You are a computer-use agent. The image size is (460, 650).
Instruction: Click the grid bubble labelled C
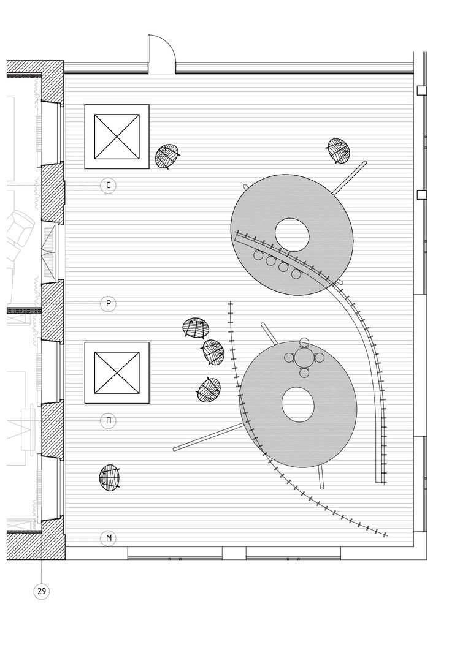(x=108, y=185)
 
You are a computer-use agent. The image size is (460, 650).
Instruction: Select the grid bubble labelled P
(x=108, y=303)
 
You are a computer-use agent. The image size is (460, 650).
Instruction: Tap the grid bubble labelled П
(x=108, y=420)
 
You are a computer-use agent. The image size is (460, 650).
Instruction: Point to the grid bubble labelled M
(x=108, y=539)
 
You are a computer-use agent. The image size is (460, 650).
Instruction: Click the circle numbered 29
(x=42, y=591)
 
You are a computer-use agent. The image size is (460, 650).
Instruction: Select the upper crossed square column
(x=117, y=137)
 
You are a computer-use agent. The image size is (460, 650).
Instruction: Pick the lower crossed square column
(x=117, y=373)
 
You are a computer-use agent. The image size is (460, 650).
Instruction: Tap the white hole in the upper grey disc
(x=293, y=233)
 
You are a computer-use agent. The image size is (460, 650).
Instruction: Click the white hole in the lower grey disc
(x=299, y=406)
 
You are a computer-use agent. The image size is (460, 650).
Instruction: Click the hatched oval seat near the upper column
(x=167, y=155)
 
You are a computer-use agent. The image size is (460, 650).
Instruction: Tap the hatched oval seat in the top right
(x=338, y=150)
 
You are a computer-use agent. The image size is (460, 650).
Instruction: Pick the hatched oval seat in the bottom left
(x=110, y=477)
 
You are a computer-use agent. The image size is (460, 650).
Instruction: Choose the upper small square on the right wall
(x=421, y=91)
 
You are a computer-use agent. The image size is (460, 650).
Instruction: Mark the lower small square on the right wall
(x=421, y=195)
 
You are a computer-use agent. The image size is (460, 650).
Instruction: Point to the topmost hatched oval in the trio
(x=195, y=328)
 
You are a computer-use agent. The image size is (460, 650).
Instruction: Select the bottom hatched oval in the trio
(x=208, y=390)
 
